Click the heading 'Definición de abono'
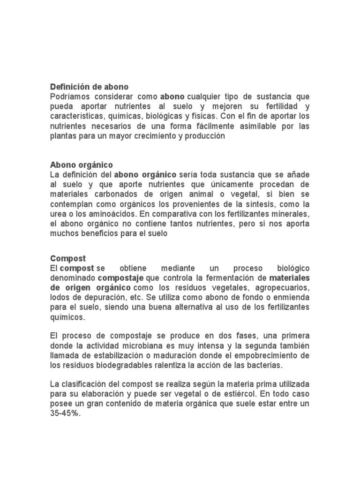[x=89, y=87]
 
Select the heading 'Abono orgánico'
[x=81, y=165]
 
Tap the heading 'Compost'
[x=68, y=258]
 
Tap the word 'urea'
[x=58, y=214]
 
